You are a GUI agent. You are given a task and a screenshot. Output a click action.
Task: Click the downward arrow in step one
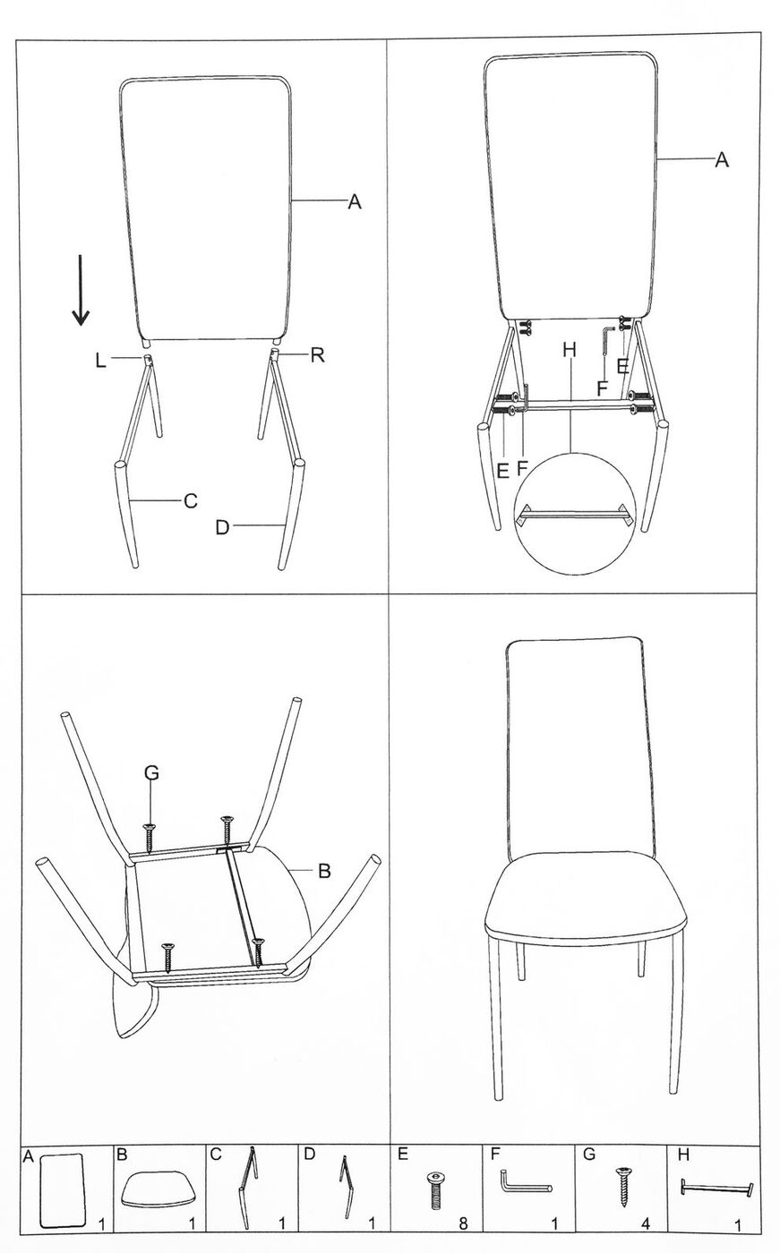(81, 289)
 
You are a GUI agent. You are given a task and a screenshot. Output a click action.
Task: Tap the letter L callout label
(100, 361)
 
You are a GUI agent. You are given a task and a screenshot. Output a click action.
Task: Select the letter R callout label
(317, 355)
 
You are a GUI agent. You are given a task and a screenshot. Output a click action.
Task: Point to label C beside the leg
(190, 500)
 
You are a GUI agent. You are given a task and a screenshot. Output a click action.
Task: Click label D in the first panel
(222, 527)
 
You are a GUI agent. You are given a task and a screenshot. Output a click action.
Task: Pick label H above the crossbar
(570, 351)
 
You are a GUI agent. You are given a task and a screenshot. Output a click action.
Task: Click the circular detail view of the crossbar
(575, 514)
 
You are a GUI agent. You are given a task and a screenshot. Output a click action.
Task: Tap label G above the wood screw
(151, 772)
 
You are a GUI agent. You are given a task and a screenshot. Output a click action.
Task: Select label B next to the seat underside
(324, 871)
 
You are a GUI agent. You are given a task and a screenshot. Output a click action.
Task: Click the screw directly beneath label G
(150, 838)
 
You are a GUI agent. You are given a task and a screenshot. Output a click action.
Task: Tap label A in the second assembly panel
(722, 160)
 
